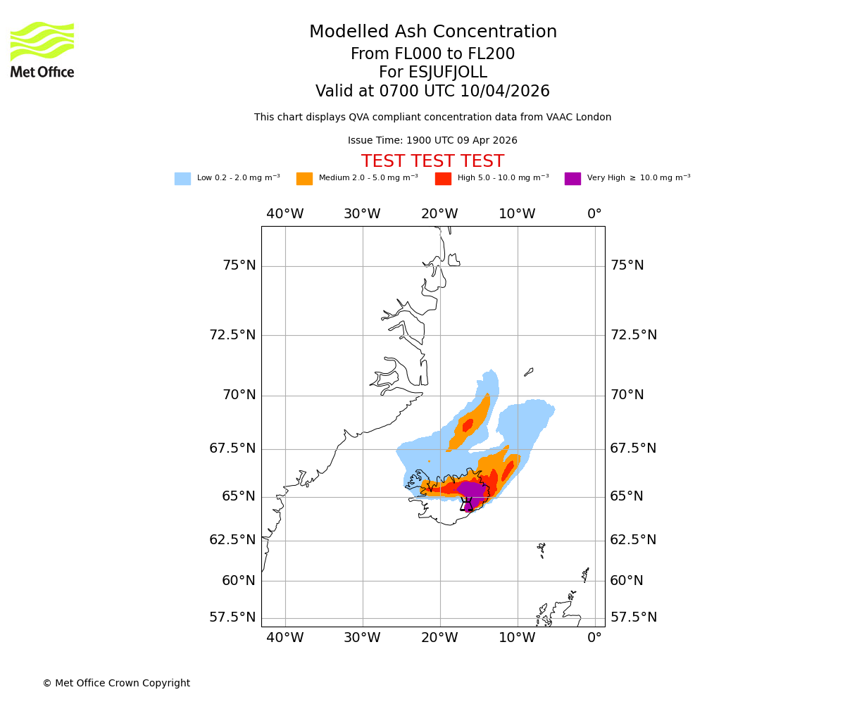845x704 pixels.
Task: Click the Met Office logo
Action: tap(42, 49)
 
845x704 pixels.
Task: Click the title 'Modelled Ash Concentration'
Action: tap(432, 32)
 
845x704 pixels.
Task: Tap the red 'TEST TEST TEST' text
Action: tap(432, 161)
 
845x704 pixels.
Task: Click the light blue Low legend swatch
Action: tap(182, 179)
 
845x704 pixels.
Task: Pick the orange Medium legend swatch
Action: tap(304, 179)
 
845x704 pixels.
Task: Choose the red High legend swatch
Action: tap(443, 179)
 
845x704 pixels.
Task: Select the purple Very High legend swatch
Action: tap(572, 179)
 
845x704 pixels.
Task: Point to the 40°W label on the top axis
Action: tap(284, 214)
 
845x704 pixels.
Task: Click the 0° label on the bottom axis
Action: tap(594, 638)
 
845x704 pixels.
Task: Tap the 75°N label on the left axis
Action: tap(239, 265)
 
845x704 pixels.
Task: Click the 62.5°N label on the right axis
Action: tap(633, 540)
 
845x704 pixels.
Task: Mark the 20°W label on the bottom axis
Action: tap(439, 638)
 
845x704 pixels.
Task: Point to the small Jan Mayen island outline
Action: tap(529, 372)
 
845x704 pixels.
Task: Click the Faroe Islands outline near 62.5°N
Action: tap(541, 549)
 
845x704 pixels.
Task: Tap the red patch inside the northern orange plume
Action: tap(468, 425)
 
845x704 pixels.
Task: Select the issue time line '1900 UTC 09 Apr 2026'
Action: tap(432, 141)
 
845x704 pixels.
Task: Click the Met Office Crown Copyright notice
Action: tap(116, 683)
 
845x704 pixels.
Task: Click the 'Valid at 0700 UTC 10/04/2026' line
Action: tap(432, 92)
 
